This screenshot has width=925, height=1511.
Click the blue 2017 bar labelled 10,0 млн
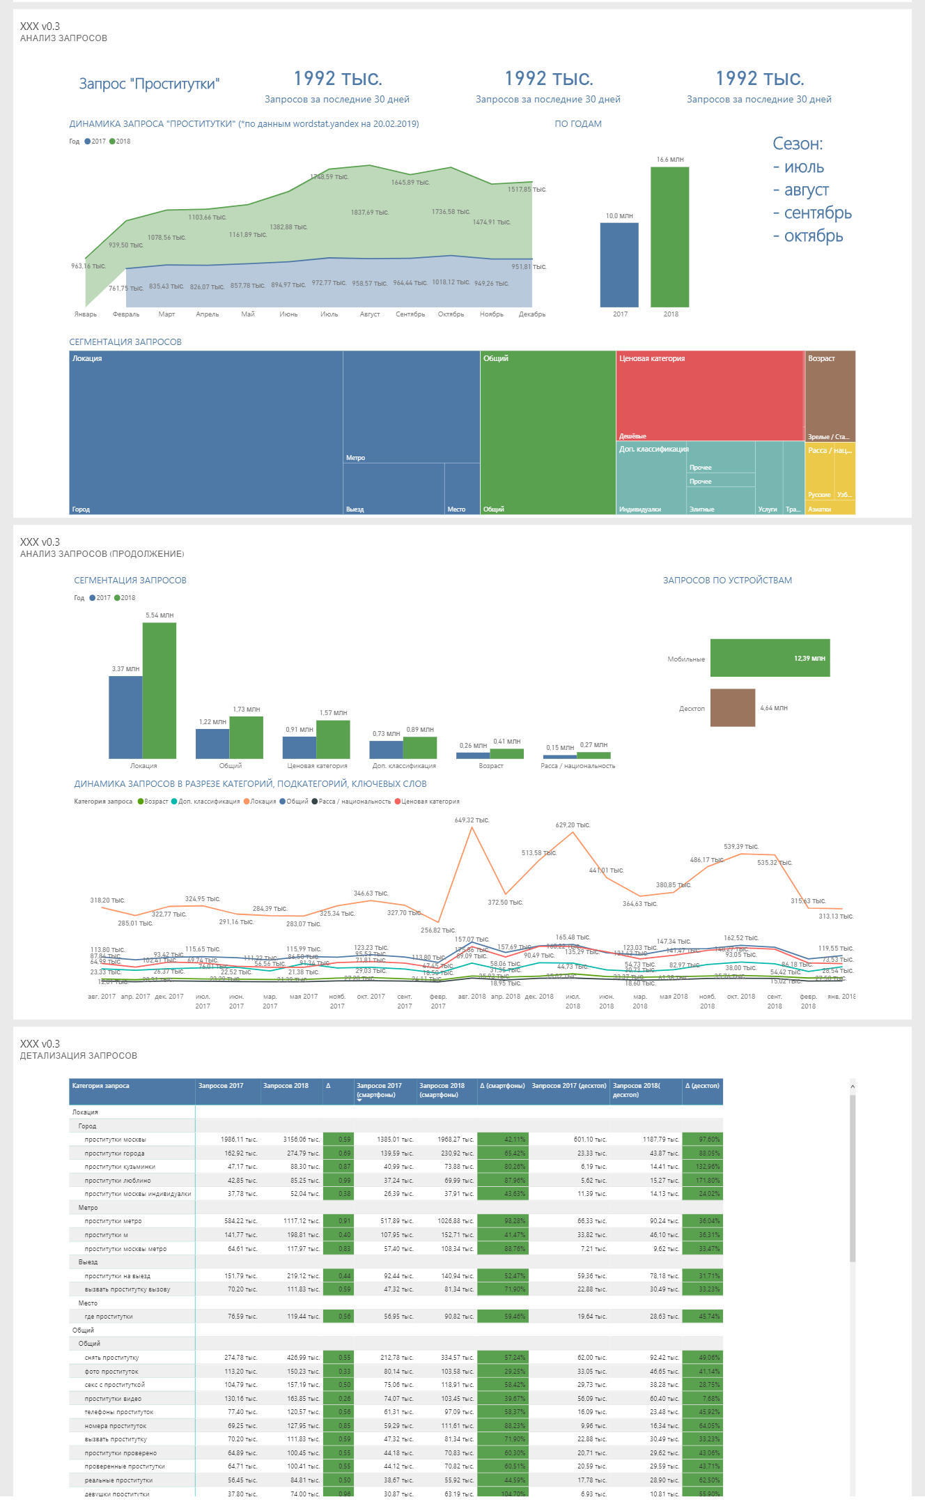coord(619,265)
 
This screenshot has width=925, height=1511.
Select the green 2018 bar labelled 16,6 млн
coord(669,237)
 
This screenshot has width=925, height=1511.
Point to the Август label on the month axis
coord(370,314)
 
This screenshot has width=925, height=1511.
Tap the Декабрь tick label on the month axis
coord(532,314)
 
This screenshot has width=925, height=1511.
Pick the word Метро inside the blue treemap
coord(356,458)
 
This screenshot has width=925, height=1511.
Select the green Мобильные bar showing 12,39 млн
coord(770,658)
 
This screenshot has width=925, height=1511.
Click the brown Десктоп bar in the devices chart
coord(733,707)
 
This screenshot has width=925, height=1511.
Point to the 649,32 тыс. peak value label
coord(472,820)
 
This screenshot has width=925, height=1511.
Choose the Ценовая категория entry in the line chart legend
coord(430,801)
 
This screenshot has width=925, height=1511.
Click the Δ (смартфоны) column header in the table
coord(502,1086)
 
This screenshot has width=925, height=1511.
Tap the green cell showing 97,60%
coord(703,1140)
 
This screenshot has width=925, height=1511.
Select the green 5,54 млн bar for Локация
coord(160,690)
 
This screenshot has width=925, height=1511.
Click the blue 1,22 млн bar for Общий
coord(212,743)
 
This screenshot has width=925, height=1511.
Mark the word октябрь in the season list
coord(814,236)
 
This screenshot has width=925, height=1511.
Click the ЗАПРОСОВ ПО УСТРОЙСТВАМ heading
coord(727,581)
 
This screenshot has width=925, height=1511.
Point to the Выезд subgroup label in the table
coord(88,1262)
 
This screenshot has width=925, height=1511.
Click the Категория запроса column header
coord(101,1086)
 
